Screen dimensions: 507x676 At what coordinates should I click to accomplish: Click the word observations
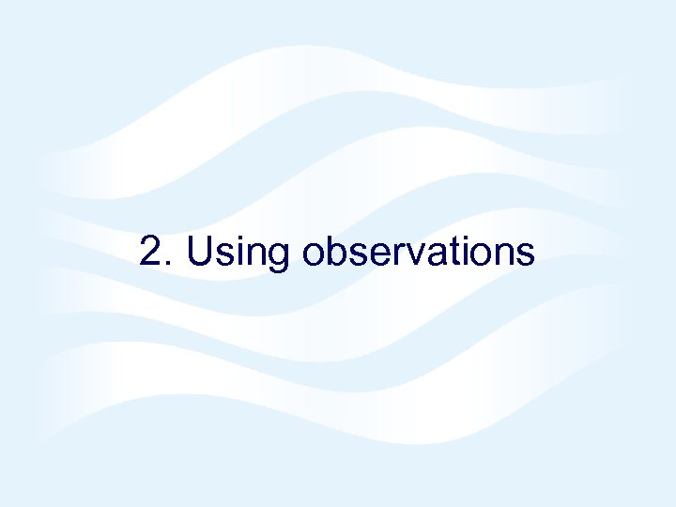click(x=418, y=252)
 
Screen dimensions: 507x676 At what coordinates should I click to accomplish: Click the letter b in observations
click(x=336, y=251)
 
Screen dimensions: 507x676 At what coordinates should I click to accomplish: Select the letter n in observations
click(x=505, y=254)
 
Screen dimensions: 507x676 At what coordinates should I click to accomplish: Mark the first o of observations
click(x=314, y=254)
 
